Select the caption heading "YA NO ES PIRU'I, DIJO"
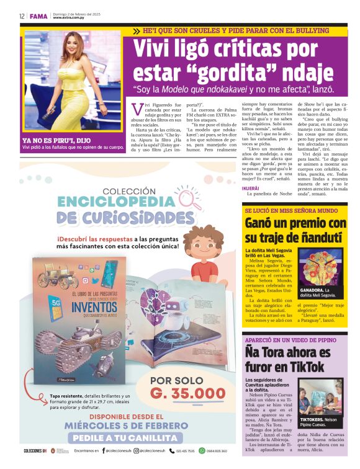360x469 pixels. point(54,140)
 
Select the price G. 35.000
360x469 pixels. point(187,393)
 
